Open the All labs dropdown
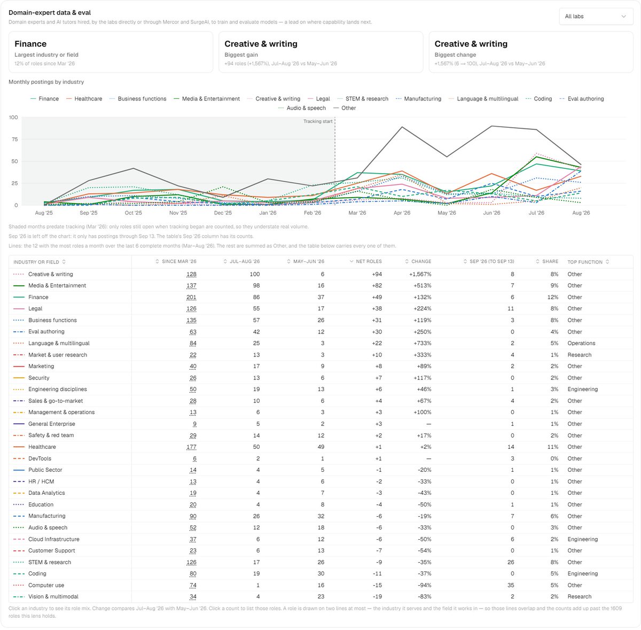point(595,17)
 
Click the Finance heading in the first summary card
point(30,44)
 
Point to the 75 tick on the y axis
point(14,139)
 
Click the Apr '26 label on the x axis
point(402,213)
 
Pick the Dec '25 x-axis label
point(223,213)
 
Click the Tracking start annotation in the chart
point(318,121)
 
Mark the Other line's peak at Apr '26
point(402,127)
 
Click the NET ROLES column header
point(369,261)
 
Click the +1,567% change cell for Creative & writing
point(420,274)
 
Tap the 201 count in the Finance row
point(191,297)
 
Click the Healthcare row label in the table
point(42,447)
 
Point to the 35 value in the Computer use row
point(511,585)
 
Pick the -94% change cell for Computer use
point(425,585)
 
